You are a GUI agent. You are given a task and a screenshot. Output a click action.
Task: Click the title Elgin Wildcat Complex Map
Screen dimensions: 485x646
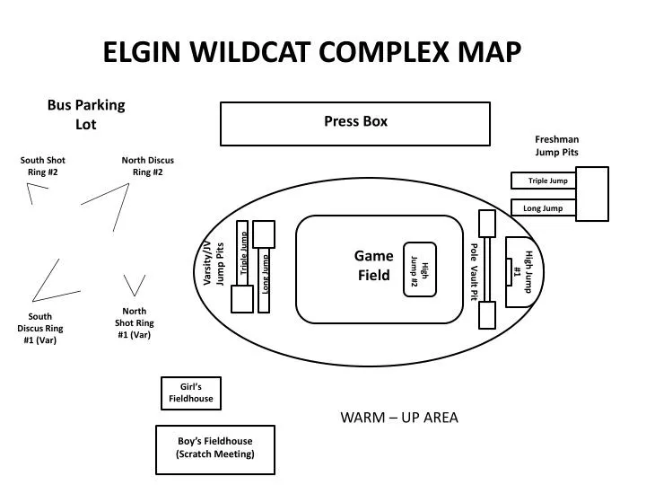coord(311,51)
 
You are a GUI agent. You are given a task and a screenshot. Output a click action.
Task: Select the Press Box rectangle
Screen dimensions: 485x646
coord(355,123)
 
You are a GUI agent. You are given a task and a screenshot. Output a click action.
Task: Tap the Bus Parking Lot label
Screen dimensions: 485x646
coord(86,114)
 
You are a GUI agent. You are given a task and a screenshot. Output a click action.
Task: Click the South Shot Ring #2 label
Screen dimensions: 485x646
coord(43,166)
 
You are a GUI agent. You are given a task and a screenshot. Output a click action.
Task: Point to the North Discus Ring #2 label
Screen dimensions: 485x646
coord(148,166)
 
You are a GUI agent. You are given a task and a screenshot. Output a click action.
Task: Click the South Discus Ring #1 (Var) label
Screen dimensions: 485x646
coord(40,328)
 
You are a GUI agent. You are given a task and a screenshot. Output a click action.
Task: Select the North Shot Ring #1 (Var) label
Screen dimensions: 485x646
coord(134,323)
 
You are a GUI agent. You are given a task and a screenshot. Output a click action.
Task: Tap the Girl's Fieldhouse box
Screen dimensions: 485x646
coord(190,392)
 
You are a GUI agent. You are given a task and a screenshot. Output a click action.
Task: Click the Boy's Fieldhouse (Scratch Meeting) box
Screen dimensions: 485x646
coord(215,448)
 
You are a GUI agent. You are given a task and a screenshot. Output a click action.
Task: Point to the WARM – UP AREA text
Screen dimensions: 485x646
coord(399,418)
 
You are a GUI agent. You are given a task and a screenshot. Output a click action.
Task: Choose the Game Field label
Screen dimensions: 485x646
coord(373,266)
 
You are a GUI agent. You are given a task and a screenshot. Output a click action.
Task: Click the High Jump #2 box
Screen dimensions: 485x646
coord(420,268)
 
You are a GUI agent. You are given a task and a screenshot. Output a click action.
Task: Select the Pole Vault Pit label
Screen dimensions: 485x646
coord(474,271)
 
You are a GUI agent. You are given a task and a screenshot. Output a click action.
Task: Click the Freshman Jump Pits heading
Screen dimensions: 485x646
coord(556,145)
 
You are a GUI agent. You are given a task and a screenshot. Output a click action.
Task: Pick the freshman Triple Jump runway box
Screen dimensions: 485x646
coord(544,181)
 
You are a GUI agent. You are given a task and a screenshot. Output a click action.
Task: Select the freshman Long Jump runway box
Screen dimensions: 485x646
coord(544,208)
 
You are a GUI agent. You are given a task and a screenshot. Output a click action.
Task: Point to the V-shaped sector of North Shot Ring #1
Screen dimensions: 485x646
coord(135,285)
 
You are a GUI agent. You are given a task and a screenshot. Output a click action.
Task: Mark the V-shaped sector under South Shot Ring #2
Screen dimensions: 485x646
coord(37,192)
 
